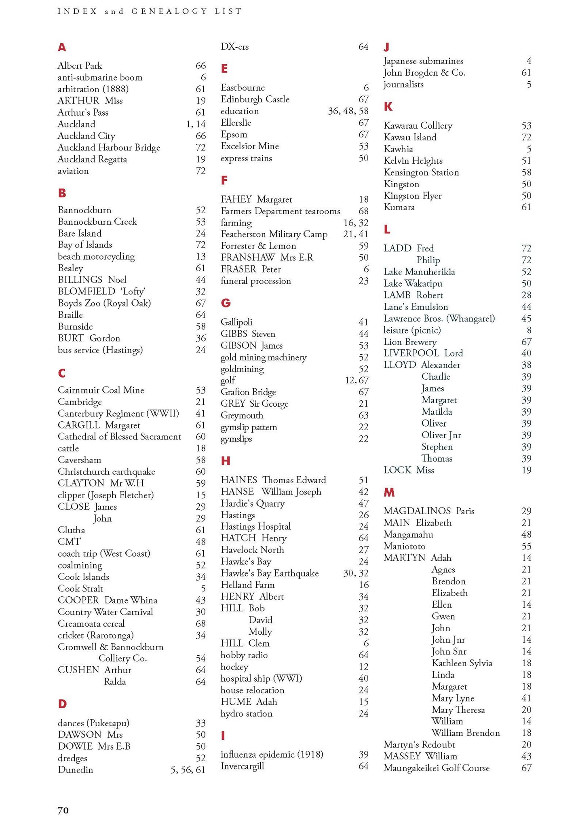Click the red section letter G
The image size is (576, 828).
[226, 303]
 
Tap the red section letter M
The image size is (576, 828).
[389, 492]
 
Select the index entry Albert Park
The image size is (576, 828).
[80, 65]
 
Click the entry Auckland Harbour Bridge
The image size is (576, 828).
[109, 148]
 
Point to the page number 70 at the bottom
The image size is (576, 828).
[63, 810]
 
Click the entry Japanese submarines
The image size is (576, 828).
[423, 61]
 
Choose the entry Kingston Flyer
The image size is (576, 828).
[412, 196]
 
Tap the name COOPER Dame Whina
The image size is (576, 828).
[108, 600]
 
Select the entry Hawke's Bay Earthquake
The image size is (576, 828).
[270, 573]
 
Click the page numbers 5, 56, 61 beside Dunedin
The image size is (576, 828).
[188, 770]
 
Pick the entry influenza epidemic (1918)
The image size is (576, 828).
[272, 754]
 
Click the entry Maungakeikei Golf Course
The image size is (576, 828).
[437, 768]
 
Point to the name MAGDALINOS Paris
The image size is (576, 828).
[429, 511]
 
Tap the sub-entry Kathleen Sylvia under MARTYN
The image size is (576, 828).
[462, 663]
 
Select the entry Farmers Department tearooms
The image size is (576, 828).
[280, 211]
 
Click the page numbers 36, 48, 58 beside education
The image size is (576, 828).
[348, 111]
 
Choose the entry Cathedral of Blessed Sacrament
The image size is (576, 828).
[119, 437]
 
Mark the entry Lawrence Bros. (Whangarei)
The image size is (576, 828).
[439, 319]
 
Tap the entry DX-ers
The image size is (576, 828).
[235, 46]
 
